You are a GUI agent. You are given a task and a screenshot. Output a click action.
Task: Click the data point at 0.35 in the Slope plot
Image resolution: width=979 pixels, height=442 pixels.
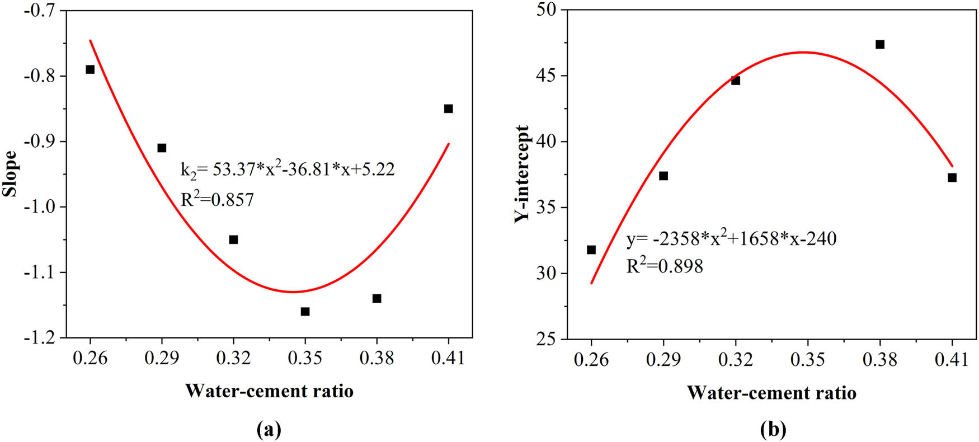click(x=305, y=311)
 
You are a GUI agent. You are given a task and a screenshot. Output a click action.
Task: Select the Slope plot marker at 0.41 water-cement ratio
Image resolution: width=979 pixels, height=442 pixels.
click(x=448, y=109)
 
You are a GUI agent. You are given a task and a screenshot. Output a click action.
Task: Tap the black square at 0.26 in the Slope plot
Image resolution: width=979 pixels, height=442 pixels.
click(x=90, y=69)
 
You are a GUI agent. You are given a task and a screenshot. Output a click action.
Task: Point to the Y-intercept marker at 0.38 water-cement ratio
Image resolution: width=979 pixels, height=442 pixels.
click(x=880, y=44)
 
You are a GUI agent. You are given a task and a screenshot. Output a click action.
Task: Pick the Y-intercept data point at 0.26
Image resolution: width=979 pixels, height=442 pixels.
click(x=591, y=250)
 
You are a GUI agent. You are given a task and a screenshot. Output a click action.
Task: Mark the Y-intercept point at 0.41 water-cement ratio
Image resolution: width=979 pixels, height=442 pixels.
click(x=952, y=177)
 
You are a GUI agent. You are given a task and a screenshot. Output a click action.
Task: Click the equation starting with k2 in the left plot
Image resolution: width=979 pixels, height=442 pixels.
click(x=288, y=170)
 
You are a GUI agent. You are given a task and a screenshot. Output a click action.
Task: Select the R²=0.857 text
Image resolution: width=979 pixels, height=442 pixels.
click(x=217, y=199)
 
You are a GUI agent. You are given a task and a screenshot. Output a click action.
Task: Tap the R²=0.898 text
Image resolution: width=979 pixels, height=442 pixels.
click(x=664, y=266)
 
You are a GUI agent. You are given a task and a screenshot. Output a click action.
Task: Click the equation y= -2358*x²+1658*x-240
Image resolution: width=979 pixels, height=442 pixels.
click(x=731, y=239)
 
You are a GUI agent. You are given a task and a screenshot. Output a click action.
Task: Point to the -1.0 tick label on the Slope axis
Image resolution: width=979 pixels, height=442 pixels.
click(x=41, y=207)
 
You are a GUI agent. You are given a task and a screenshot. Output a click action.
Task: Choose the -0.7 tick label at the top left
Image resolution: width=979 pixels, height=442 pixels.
click(x=41, y=10)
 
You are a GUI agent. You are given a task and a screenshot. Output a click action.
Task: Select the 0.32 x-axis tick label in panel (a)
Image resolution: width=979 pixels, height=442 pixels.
click(x=233, y=358)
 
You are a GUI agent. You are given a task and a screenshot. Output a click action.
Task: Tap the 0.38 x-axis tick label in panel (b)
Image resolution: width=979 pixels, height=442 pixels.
click(x=879, y=359)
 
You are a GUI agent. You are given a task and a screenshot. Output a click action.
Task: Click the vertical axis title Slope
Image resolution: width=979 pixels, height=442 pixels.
click(x=11, y=173)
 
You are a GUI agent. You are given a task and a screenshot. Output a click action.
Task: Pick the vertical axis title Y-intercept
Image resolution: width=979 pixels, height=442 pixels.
click(x=522, y=173)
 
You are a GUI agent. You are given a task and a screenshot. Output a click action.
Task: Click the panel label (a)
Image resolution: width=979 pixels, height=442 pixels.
click(x=269, y=429)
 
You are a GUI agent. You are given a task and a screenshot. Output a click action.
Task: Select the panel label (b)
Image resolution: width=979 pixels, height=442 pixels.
click(x=773, y=429)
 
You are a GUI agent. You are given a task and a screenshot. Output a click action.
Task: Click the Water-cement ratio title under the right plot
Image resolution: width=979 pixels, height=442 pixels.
click(x=771, y=393)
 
